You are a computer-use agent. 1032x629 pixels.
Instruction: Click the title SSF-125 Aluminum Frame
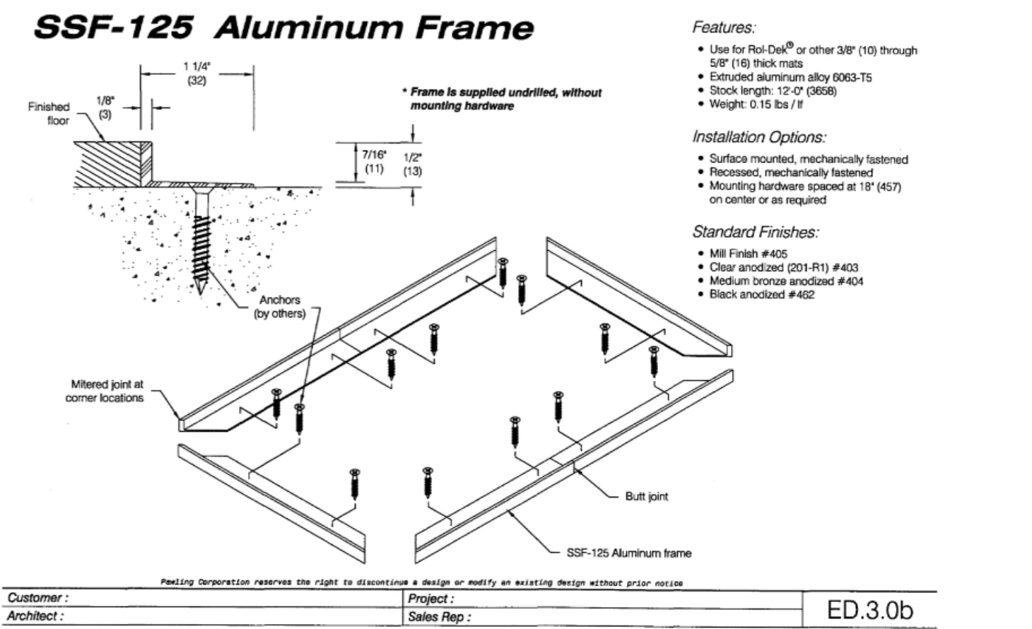coord(283,28)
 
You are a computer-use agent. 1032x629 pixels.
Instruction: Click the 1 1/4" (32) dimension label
coord(197,73)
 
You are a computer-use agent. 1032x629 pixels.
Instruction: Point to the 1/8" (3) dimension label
coord(105,107)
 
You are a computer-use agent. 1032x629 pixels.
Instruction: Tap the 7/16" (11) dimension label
coord(374,161)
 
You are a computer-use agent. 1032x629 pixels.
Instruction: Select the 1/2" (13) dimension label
coord(412,164)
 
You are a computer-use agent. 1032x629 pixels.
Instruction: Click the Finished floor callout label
coord(49,114)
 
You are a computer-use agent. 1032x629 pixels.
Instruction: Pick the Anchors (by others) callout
coord(280,307)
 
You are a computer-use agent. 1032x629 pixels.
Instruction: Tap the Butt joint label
coord(646,496)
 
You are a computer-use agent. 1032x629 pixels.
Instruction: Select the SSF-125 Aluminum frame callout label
coord(628,553)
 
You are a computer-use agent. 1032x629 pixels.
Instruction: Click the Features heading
coord(724,28)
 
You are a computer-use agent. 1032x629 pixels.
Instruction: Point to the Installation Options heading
coord(758,136)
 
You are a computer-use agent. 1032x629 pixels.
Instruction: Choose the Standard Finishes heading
coord(755,231)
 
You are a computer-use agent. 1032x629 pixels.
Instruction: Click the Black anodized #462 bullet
coord(761,295)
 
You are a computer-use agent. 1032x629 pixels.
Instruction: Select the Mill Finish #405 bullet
coord(748,254)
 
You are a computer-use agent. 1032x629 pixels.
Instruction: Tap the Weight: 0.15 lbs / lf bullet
coord(756,105)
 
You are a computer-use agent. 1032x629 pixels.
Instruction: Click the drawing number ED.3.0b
coord(869,610)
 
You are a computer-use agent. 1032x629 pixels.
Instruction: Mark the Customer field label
coord(37,598)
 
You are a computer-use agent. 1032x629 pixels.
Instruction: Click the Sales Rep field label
coord(438,617)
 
